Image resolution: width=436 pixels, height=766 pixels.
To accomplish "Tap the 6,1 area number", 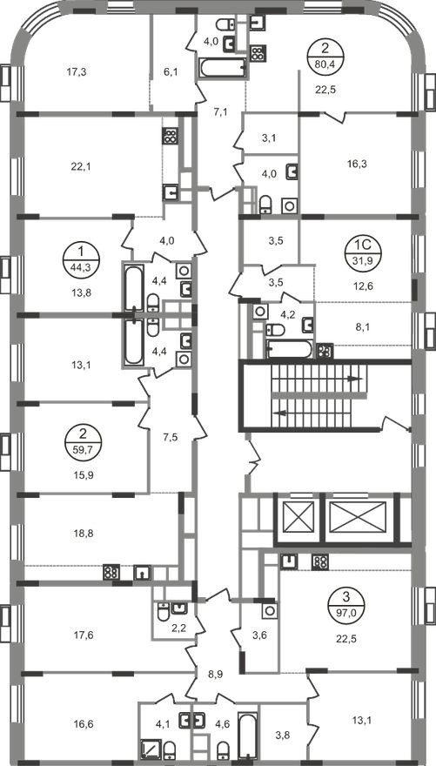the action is [x=170, y=72].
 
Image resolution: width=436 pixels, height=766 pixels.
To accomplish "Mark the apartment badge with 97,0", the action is [x=346, y=606].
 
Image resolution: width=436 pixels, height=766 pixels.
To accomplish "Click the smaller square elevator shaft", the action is [x=298, y=518].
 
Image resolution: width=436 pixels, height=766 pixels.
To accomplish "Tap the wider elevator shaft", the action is [x=358, y=518].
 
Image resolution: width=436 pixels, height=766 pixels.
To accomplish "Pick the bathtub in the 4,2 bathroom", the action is [x=289, y=349].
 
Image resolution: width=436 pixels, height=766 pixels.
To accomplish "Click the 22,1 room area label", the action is [x=81, y=166].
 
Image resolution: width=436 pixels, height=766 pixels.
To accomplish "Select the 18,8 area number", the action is [x=81, y=534].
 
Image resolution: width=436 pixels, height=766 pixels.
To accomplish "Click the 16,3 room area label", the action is [x=358, y=165].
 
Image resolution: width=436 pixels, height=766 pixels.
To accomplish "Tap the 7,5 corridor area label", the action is [x=171, y=437].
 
